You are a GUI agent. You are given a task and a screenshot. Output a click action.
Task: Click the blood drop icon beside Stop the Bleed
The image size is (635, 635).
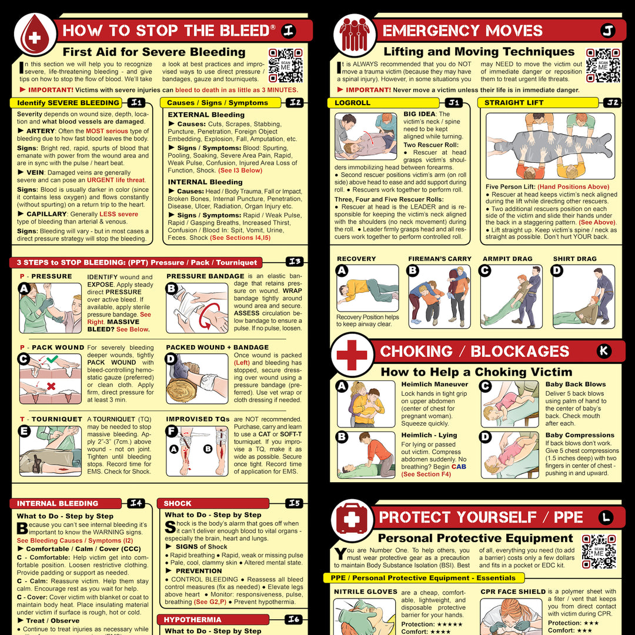pyautogui.click(x=35, y=35)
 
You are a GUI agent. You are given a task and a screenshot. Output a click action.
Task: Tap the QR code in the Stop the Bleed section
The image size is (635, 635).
pyautogui.click(x=285, y=65)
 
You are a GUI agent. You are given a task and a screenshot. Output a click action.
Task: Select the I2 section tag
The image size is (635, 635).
pyautogui.click(x=296, y=103)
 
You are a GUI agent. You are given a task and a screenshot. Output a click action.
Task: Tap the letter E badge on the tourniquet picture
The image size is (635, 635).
pyautogui.click(x=24, y=430)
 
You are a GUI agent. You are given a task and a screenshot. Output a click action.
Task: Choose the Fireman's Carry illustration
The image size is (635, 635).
pyautogui.click(x=440, y=297)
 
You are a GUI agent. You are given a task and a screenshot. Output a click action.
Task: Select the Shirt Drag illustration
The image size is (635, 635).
pyautogui.click(x=583, y=297)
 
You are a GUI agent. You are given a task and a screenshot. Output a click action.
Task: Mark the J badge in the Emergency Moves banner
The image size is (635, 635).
pyautogui.click(x=607, y=31)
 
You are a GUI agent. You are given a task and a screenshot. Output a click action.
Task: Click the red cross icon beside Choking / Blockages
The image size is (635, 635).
pyautogui.click(x=352, y=355)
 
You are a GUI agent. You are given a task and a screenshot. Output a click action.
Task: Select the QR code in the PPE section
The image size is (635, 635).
pyautogui.click(x=599, y=552)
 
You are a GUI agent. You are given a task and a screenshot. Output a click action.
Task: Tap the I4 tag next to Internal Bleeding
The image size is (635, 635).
pyautogui.click(x=136, y=503)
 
